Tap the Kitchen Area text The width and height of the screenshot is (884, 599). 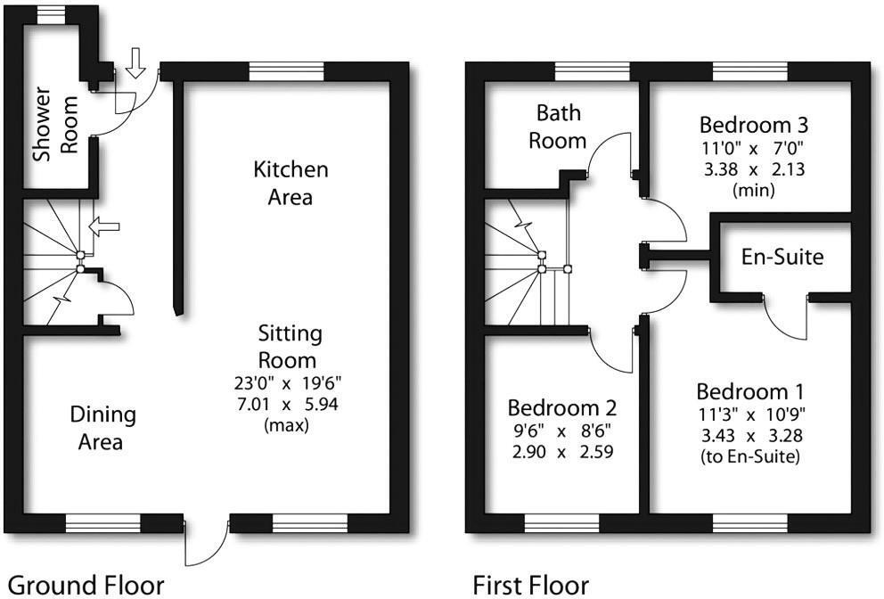(291, 183)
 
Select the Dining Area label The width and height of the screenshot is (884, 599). (103, 428)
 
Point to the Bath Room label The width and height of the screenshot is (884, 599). (558, 127)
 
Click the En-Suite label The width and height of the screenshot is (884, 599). (782, 258)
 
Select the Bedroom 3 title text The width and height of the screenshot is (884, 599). (753, 124)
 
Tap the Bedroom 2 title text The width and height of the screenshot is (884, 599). (561, 408)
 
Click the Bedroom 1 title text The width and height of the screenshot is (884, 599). (750, 391)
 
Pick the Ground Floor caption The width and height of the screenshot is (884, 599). (86, 585)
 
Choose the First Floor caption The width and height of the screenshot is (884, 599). (530, 585)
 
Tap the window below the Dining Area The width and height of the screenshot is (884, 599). (103, 522)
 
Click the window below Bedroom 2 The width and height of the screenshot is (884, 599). (561, 522)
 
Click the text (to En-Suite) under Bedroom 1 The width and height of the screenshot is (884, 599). (750, 458)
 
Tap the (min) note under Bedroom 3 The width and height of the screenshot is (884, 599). (753, 191)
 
